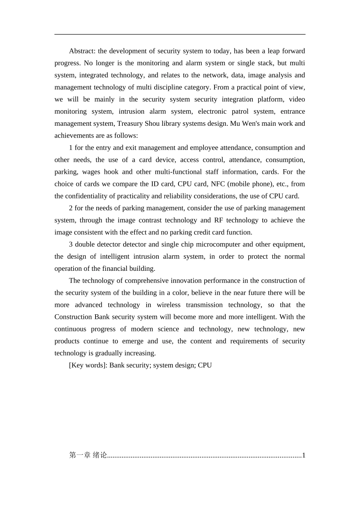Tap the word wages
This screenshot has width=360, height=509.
pos(91,172)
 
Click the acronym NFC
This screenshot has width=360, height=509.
pos(218,184)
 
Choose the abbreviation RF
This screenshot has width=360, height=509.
pos(219,220)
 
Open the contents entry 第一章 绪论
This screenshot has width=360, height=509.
pos(88,455)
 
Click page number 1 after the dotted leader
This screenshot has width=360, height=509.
pos(304,455)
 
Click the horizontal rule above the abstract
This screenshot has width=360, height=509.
pos(180,34)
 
